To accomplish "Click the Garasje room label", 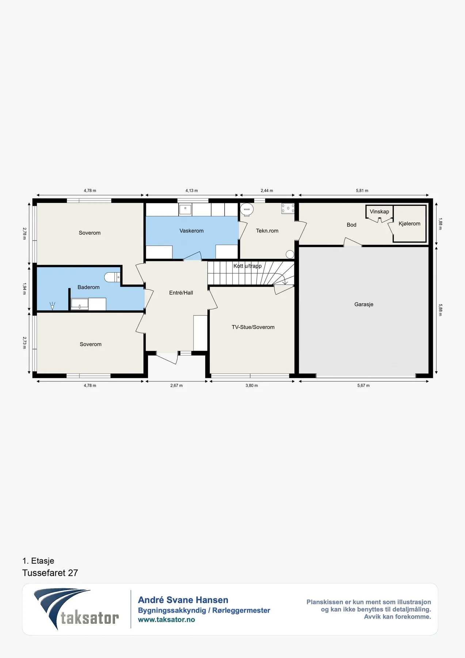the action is (x=364, y=305).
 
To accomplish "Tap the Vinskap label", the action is (x=379, y=212).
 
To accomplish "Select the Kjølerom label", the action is (x=409, y=224).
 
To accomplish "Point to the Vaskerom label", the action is (x=191, y=231).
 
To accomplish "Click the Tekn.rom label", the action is (x=267, y=231).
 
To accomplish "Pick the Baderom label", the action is (x=88, y=287).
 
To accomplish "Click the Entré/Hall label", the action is (x=181, y=293).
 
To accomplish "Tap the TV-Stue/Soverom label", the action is (x=253, y=327).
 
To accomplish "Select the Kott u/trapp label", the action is (x=248, y=266).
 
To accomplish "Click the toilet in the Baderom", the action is (x=112, y=277).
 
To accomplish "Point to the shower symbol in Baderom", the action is (x=52, y=306).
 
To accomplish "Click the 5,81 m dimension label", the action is (x=362, y=191).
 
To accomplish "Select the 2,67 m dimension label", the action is (x=176, y=386).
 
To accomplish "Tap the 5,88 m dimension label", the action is (x=440, y=310).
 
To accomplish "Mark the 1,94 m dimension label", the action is (x=24, y=288).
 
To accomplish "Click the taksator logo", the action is (x=76, y=609).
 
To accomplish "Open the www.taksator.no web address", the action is (x=167, y=620).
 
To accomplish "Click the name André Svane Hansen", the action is (x=183, y=600).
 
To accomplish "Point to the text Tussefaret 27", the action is (x=50, y=573).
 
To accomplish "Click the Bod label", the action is (x=351, y=225).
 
